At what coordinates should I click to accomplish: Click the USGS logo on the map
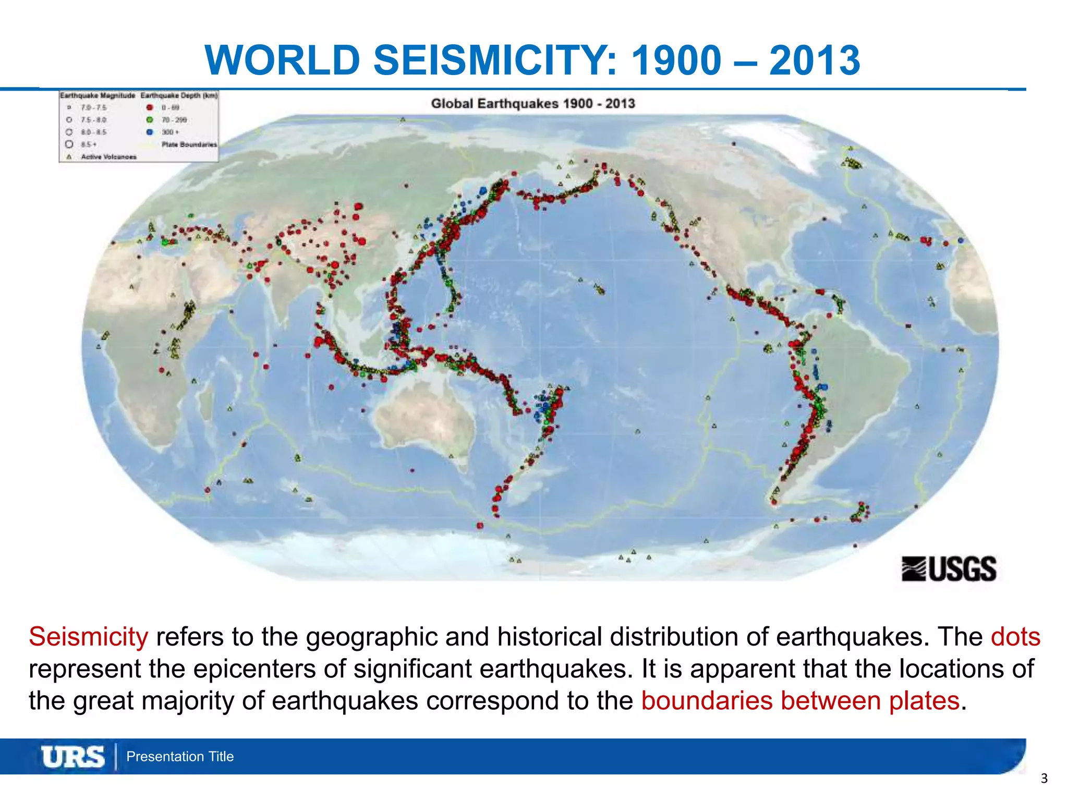tap(949, 568)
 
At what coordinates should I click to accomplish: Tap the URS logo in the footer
tap(73, 757)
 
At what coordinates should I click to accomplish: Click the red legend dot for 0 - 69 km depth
tap(150, 107)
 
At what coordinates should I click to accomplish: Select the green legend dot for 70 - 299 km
tap(150, 120)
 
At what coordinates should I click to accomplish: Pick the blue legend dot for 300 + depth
tap(150, 132)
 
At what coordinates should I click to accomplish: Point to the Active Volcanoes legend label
tap(108, 156)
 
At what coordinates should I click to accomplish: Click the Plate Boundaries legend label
tap(189, 144)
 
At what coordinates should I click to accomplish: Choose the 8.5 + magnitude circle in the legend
tap(69, 144)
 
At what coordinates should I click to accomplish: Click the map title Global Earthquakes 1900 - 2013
tap(533, 103)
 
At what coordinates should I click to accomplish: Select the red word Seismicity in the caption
tap(88, 637)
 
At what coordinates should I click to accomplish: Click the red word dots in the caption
tap(1015, 637)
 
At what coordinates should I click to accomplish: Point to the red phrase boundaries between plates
tap(800, 700)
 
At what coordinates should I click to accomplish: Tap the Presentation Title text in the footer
tap(180, 757)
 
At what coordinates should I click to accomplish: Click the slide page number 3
tap(1044, 779)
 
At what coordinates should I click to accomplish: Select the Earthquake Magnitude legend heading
tap(97, 95)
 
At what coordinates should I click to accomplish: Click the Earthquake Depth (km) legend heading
tap(179, 95)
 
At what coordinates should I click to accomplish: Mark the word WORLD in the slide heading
tap(283, 60)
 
